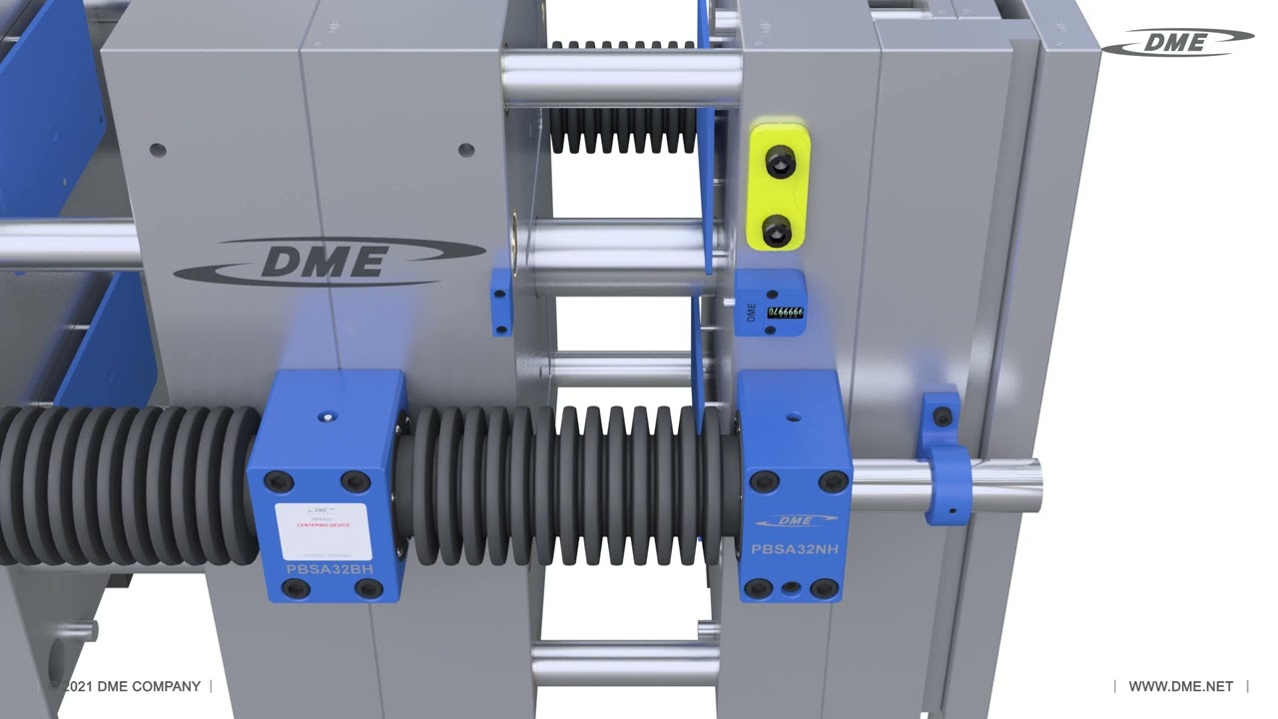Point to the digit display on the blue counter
[786, 313]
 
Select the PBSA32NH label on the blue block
[795, 549]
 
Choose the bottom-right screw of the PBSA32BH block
[368, 589]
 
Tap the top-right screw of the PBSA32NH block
[832, 482]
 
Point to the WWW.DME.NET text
[1180, 686]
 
